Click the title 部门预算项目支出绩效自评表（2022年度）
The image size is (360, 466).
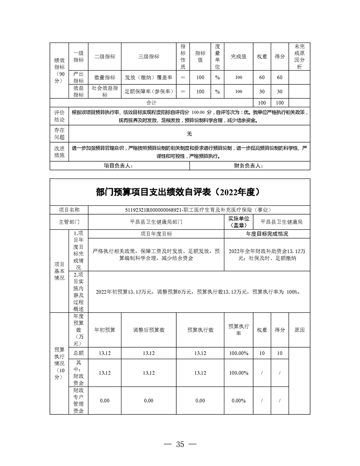coord(180,192)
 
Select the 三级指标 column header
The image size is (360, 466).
coord(149,57)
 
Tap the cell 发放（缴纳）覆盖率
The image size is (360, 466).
coord(149,77)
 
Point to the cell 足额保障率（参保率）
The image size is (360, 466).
coord(149,91)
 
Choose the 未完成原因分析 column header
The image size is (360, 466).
coord(299,57)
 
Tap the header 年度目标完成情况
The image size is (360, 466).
coord(267,234)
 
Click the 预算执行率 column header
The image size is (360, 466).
coord(239,330)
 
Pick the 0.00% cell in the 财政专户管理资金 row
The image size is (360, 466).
coord(239,400)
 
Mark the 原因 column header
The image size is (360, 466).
coord(299,330)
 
